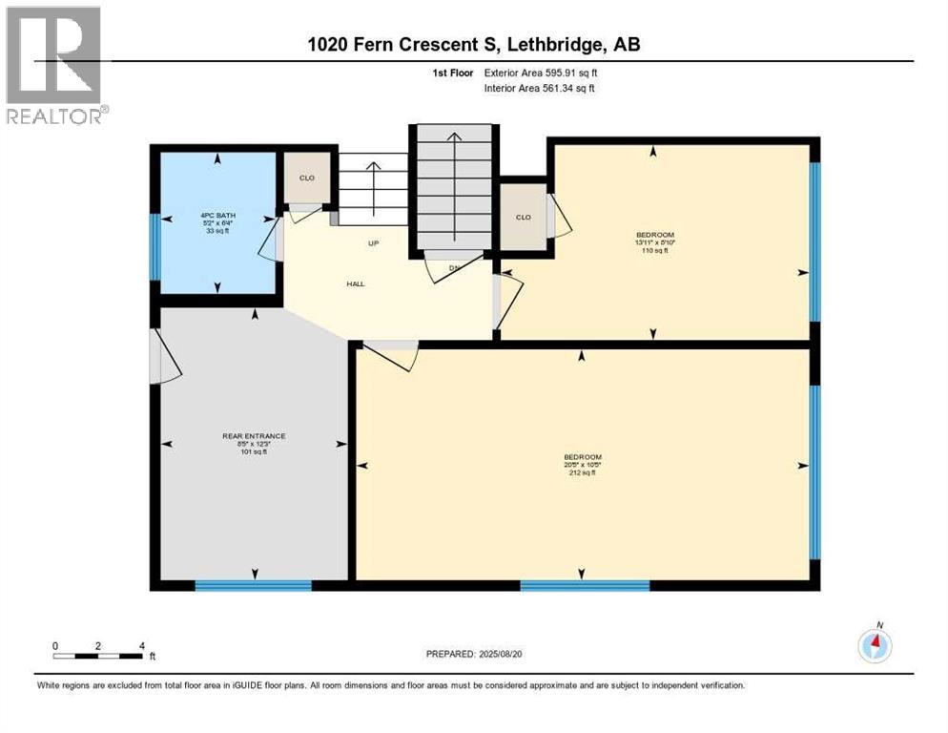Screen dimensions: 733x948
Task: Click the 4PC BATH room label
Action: pos(218,222)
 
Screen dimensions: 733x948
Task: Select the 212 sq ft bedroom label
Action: pos(582,464)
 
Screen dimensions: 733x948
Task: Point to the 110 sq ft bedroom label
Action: pos(655,242)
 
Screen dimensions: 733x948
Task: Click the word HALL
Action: pos(355,283)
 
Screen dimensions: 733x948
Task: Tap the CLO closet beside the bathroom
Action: pos(307,178)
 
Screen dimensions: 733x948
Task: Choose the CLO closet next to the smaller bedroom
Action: pos(523,217)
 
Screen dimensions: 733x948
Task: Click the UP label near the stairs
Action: pos(375,243)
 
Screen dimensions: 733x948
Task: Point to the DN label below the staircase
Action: pos(455,267)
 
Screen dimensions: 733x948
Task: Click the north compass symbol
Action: pos(875,646)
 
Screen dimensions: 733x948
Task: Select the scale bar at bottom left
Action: pos(98,655)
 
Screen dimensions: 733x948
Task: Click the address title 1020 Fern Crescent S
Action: pos(474,46)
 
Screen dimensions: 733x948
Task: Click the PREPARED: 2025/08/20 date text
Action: pos(474,654)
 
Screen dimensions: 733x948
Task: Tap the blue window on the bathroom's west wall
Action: pos(155,246)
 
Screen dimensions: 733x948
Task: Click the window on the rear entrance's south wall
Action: pos(253,585)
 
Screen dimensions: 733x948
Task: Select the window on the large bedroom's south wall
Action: pos(584,585)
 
